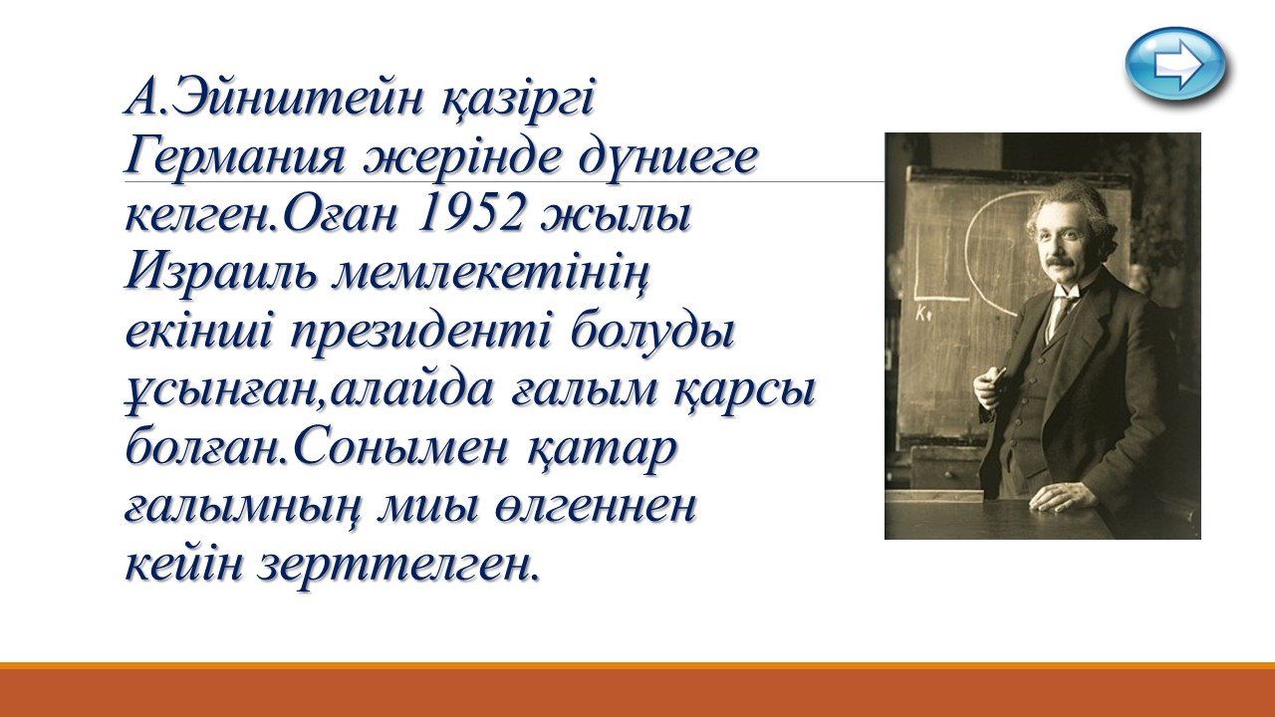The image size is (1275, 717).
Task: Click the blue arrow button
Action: (x=1174, y=65)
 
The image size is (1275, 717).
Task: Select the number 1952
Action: (x=469, y=216)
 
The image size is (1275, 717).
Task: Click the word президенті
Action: (x=420, y=334)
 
